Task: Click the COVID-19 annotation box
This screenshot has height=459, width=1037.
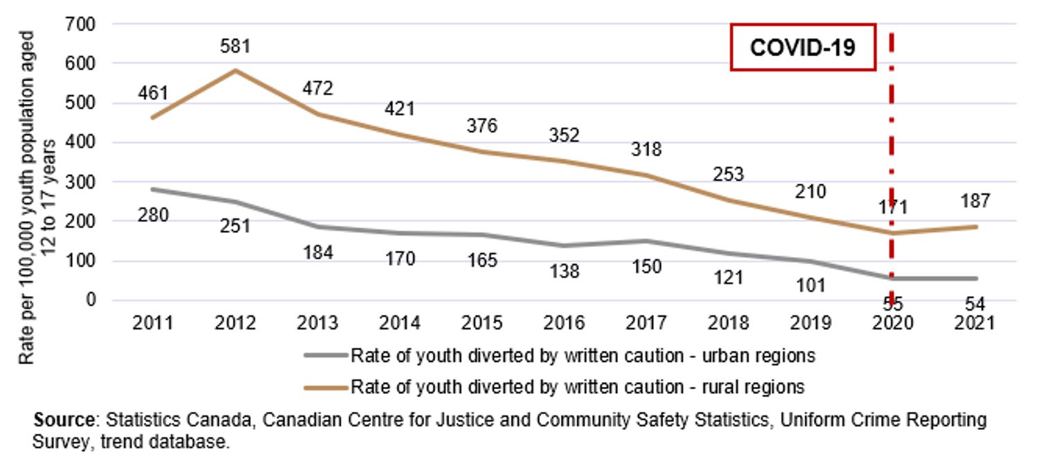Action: pos(803,47)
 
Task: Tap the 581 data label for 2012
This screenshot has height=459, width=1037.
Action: pos(236,46)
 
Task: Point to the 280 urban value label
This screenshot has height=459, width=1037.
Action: pos(153,216)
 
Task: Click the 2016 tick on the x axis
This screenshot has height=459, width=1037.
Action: pos(565,322)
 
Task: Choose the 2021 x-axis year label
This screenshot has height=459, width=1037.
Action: pos(975,322)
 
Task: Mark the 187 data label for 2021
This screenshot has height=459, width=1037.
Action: pos(975,201)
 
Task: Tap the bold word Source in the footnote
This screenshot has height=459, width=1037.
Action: pos(64,420)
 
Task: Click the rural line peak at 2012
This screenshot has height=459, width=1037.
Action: pos(236,70)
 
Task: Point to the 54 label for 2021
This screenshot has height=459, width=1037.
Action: pos(975,303)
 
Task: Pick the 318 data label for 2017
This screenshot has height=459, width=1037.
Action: pos(646,149)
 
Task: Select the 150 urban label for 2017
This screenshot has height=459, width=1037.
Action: pos(646,266)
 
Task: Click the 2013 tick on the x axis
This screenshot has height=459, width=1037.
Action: pos(318,322)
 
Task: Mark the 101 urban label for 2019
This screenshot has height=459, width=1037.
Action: pos(810,285)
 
